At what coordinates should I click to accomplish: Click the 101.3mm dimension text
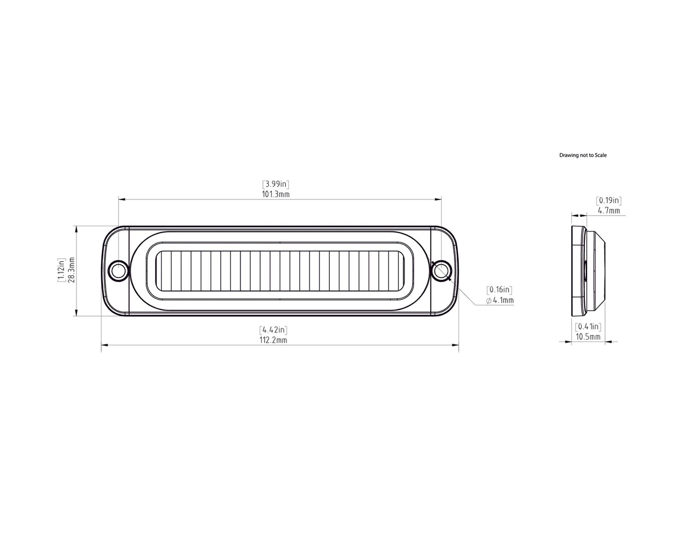tap(275, 194)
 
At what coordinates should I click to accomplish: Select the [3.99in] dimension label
tap(275, 184)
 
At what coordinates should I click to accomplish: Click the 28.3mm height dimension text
tap(71, 270)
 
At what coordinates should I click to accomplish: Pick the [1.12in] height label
tap(61, 270)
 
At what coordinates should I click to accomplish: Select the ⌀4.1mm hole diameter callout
tap(500, 300)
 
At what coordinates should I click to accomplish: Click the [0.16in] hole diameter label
tap(499, 290)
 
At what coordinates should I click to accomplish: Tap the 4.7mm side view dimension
tap(609, 211)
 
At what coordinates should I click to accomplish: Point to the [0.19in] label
tap(608, 201)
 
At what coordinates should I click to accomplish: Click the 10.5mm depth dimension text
tap(588, 336)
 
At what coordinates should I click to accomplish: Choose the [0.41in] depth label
tap(588, 326)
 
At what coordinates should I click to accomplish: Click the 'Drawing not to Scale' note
tap(583, 155)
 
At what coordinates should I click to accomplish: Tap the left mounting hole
tap(119, 271)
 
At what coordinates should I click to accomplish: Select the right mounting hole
tap(440, 271)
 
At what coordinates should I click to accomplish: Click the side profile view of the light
tap(588, 271)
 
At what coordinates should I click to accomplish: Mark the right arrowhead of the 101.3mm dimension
tap(438, 199)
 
